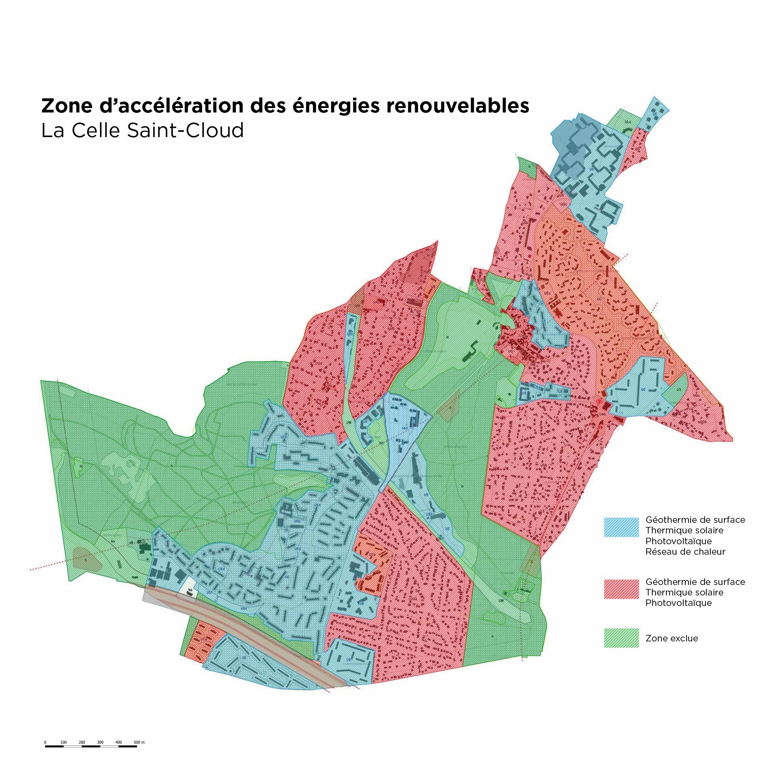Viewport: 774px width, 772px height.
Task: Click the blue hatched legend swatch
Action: click(x=621, y=527)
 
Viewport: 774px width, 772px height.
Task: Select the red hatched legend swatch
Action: click(x=621, y=589)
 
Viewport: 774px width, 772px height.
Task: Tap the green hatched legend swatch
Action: click(x=621, y=638)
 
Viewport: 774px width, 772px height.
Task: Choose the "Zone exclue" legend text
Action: click(x=672, y=638)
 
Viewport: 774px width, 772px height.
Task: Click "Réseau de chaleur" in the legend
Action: click(x=685, y=551)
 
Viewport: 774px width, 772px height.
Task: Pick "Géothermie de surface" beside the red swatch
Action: click(x=695, y=582)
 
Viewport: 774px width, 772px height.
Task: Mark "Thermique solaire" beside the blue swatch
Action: click(x=684, y=530)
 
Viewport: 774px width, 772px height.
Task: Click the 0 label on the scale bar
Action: click(x=45, y=742)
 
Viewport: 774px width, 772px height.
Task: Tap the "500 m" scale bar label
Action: click(x=139, y=742)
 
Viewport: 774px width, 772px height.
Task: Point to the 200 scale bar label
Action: click(x=82, y=742)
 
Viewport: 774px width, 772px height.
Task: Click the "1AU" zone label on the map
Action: click(x=405, y=428)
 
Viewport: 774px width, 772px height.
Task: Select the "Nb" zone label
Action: click(x=381, y=443)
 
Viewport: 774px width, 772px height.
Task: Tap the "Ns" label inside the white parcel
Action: click(x=190, y=590)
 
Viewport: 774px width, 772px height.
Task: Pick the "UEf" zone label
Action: click(x=209, y=592)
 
